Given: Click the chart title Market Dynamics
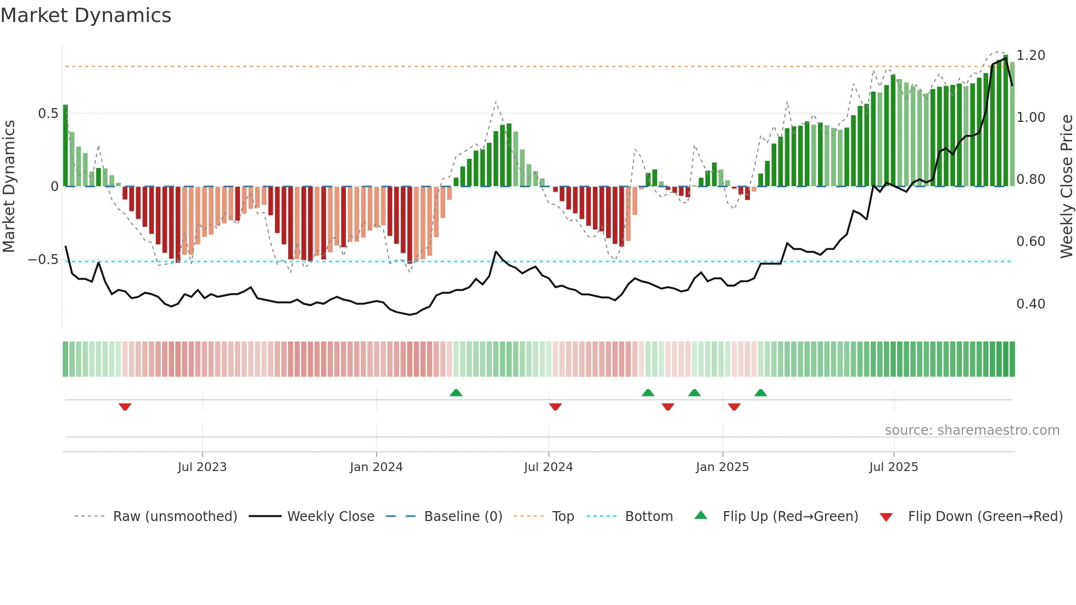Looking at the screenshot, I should [x=86, y=15].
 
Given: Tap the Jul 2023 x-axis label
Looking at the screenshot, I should [x=202, y=467].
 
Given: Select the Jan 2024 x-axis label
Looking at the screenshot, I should [x=376, y=467].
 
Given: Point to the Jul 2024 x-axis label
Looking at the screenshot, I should [x=548, y=467].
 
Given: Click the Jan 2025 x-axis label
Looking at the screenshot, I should [x=722, y=467].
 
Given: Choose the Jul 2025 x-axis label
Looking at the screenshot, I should [x=893, y=467].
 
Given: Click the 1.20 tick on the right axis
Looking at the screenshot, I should [x=1030, y=55].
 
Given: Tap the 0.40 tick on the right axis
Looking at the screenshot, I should [x=1030, y=304].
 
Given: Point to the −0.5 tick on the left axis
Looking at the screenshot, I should [x=43, y=260].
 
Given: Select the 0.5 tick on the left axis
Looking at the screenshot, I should [x=48, y=114].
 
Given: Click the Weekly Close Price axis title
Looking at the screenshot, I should [x=1066, y=186].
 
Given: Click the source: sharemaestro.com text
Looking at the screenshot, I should [x=972, y=430].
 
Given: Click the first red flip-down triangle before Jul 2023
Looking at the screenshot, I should [x=125, y=407].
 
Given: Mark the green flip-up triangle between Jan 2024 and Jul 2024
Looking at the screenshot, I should [x=456, y=393].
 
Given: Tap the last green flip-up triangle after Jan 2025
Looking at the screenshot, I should [x=760, y=393].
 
